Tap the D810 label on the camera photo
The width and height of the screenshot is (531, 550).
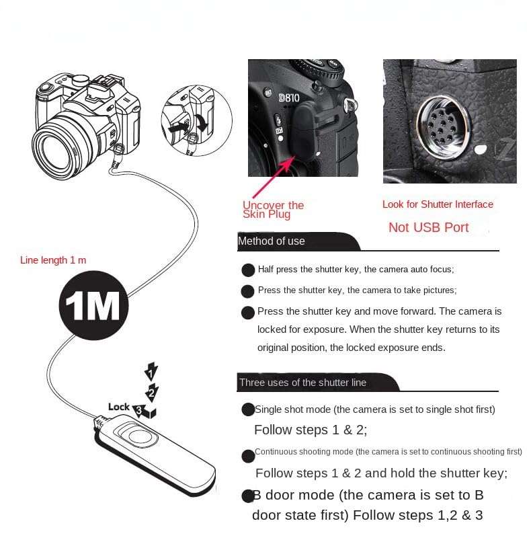[289, 97]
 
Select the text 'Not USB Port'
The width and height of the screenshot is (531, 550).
[428, 227]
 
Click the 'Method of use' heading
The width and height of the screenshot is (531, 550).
[272, 241]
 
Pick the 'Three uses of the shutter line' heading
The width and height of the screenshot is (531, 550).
[302, 383]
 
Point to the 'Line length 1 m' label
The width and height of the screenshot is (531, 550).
[53, 260]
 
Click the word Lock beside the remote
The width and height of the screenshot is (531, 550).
[118, 407]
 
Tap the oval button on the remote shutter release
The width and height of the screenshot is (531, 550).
[142, 435]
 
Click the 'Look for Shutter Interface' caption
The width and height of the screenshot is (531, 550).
[438, 204]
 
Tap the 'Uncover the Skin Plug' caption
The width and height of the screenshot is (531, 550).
[273, 210]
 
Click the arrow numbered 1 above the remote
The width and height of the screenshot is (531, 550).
[152, 372]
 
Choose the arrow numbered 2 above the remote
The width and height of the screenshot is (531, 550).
[153, 391]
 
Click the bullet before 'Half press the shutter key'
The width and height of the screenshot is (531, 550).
[248, 270]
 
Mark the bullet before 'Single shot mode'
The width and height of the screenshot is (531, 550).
[247, 409]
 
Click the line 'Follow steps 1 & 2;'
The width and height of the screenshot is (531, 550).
[311, 430]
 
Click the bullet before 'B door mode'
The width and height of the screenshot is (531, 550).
[247, 496]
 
